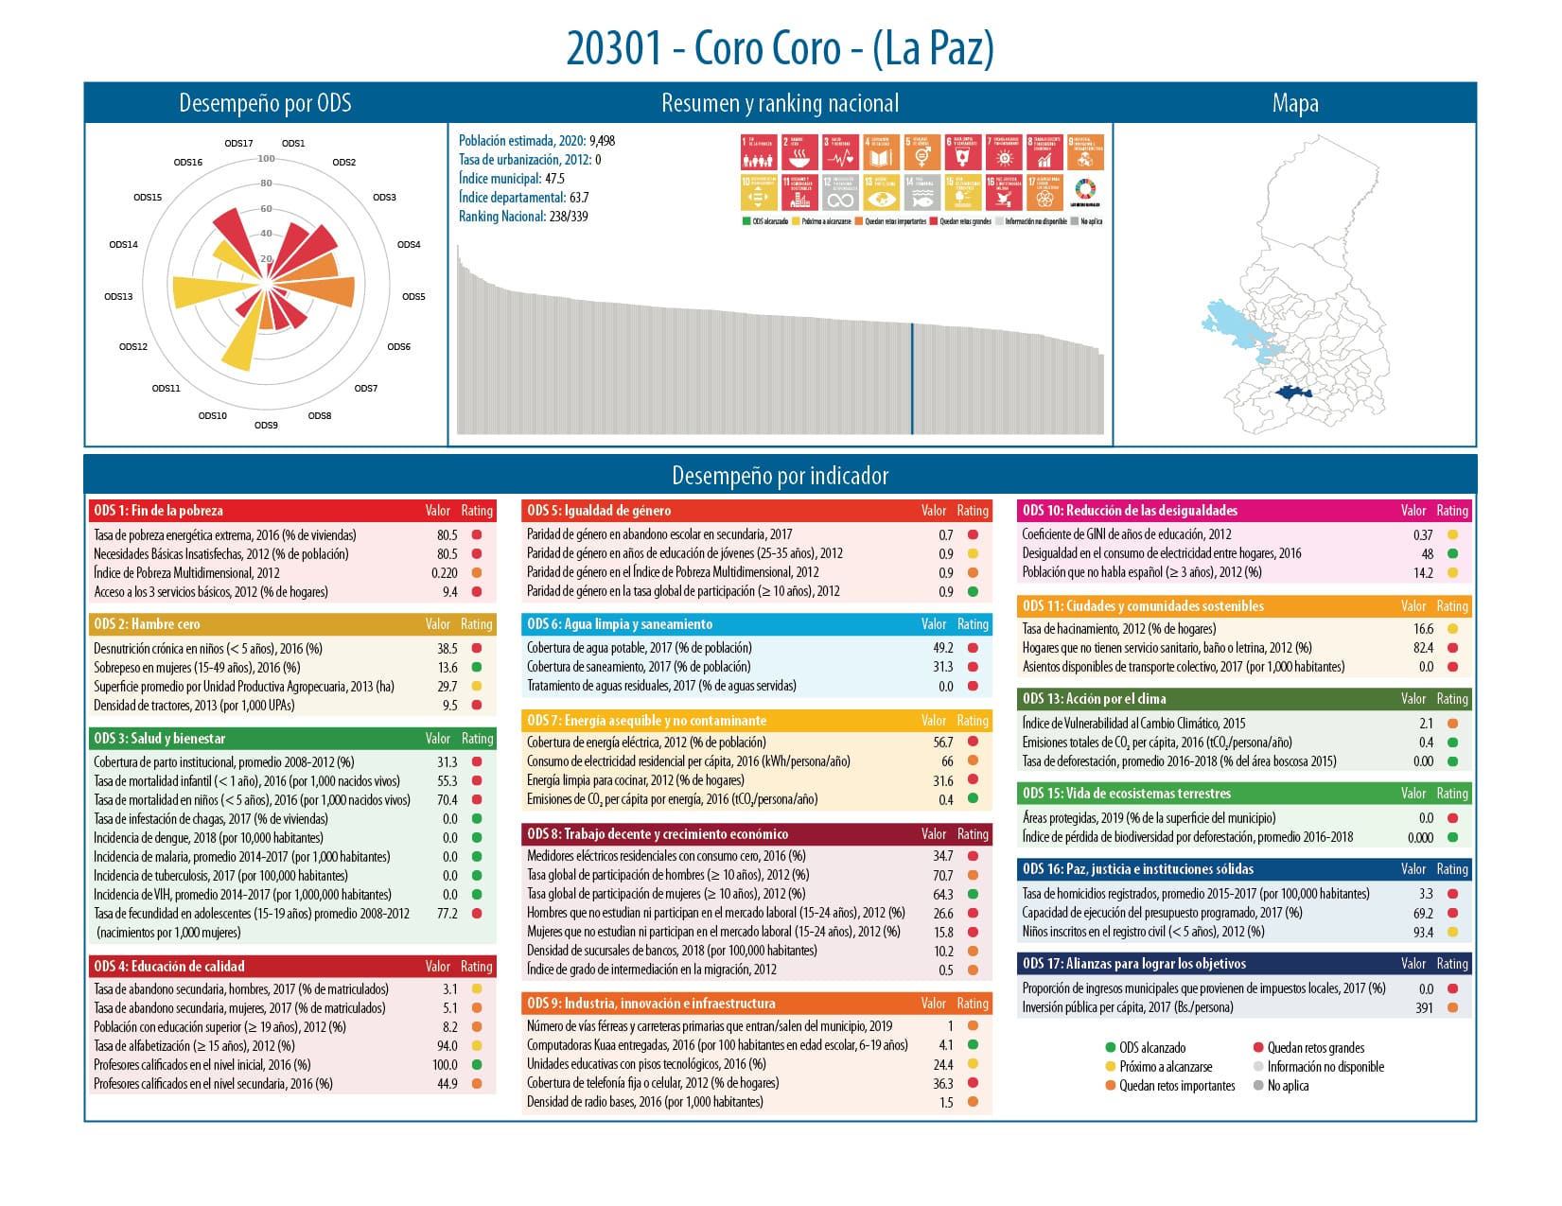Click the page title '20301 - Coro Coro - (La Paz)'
(780, 48)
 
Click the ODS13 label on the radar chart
(118, 297)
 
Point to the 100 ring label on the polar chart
(267, 159)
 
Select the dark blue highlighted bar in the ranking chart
(912, 378)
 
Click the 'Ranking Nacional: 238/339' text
(523, 217)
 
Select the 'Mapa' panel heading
(1294, 103)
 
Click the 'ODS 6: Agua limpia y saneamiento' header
(620, 624)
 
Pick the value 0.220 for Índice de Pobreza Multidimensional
(444, 573)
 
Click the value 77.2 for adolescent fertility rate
(447, 914)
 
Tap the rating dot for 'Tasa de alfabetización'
(477, 1046)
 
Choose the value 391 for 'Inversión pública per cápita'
(1424, 1008)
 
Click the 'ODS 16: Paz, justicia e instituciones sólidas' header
(1137, 869)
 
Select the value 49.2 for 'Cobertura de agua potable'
(942, 648)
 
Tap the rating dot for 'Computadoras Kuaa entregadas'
(973, 1045)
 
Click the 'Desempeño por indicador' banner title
(780, 476)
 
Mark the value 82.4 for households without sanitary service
(1423, 648)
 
